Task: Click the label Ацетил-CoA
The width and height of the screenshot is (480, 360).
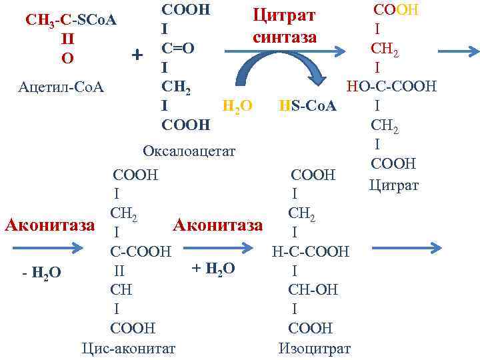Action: point(62,87)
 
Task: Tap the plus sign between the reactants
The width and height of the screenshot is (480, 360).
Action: point(137,54)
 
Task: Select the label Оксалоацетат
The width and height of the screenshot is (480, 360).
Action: point(189,151)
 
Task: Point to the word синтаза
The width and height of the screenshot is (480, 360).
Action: point(284,37)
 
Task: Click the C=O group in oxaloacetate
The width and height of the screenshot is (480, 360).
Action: point(177,49)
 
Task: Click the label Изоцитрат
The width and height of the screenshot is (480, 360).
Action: point(314,347)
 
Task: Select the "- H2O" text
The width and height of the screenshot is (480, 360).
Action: point(41,273)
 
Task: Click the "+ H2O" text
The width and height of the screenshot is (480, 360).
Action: point(213,268)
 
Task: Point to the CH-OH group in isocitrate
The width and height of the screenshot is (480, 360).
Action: point(313,290)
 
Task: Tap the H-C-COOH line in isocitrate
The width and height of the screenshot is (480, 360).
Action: point(310,251)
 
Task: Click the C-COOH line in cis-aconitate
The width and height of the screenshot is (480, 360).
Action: point(140,251)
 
